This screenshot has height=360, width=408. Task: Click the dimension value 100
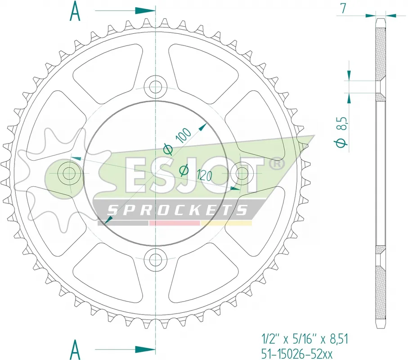[x=184, y=135]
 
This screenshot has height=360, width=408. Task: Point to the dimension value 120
[x=205, y=175]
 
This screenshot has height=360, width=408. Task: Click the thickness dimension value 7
[x=344, y=8]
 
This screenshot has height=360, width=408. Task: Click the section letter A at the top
[x=75, y=11]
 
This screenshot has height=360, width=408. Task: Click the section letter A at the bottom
[x=75, y=350]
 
